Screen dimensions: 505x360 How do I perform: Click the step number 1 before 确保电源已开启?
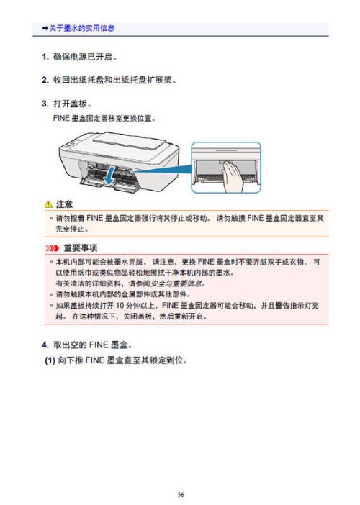(x=45, y=55)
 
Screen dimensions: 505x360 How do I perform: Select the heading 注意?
(x=65, y=205)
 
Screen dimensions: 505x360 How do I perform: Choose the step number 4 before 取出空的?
(x=45, y=343)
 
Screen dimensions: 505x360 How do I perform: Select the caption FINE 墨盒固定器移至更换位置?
(x=104, y=117)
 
